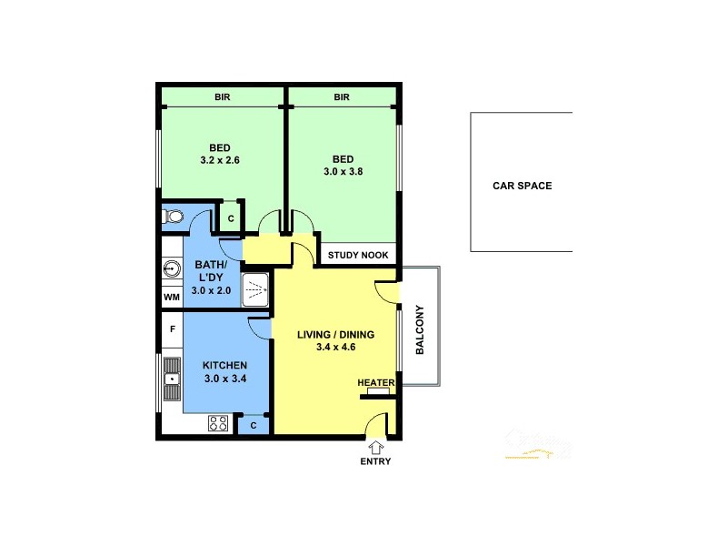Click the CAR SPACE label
coord(522,186)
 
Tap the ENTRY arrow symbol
coord(375,447)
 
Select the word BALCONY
coord(420,329)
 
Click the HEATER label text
coord(375,382)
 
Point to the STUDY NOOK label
coord(358,256)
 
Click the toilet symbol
coord(173,217)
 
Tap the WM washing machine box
coord(171,298)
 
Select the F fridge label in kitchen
coord(171,329)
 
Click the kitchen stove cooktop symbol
coord(218,423)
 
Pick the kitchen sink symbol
coord(171,380)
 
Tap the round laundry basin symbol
coord(171,268)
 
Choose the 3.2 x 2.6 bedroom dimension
coord(219,160)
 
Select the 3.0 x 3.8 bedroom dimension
coord(343,171)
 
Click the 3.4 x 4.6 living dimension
coord(335,347)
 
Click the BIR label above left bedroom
coord(222,97)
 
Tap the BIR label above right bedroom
coord(342,97)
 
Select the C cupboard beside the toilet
coord(231,218)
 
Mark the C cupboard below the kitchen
coord(253,424)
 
